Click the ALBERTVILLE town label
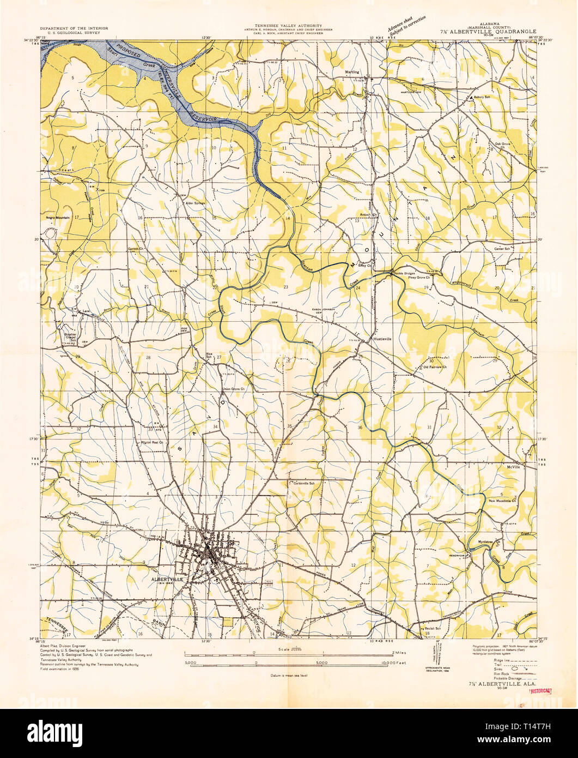point(167,579)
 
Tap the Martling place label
point(352,71)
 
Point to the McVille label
point(513,467)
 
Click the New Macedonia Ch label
point(506,500)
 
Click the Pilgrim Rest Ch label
point(153,443)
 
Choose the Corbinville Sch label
point(304,483)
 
